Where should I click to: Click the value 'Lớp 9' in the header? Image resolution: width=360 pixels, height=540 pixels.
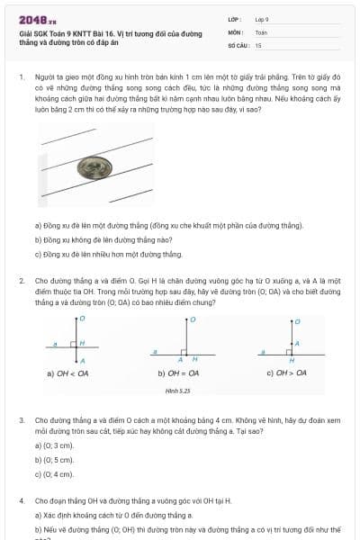click(262, 19)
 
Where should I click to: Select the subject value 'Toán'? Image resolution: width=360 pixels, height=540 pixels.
click(261, 31)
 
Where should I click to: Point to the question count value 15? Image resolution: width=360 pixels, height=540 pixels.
click(258, 44)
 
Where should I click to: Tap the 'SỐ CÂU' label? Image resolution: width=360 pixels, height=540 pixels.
click(237, 44)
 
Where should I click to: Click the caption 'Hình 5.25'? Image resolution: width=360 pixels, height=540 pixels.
click(179, 391)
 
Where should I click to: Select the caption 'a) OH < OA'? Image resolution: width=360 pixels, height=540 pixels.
click(67, 373)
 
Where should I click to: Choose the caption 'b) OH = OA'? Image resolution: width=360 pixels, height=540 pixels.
click(178, 373)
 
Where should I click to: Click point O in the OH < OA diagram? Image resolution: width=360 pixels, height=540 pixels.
click(83, 319)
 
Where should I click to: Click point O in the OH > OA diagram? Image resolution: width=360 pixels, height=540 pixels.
click(298, 321)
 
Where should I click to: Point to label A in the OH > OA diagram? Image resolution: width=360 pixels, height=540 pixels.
click(298, 343)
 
